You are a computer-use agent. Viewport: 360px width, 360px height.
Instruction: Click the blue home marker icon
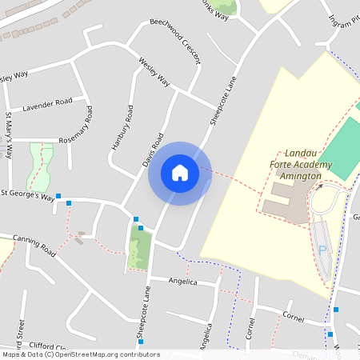(179, 173)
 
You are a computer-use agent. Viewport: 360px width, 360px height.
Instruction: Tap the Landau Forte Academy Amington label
(294, 164)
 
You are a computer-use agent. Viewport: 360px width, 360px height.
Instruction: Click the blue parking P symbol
(323, 250)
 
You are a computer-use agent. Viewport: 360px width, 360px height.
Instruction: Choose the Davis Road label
(152, 150)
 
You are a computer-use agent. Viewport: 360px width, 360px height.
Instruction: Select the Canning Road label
(34, 245)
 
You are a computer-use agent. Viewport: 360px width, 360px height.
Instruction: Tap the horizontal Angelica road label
(182, 281)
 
